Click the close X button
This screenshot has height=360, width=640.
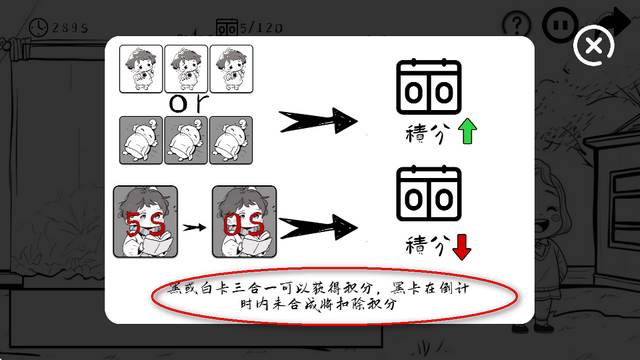(x=594, y=47)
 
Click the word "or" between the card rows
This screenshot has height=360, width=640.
(x=185, y=103)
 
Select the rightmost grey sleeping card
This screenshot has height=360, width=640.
(x=230, y=141)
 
